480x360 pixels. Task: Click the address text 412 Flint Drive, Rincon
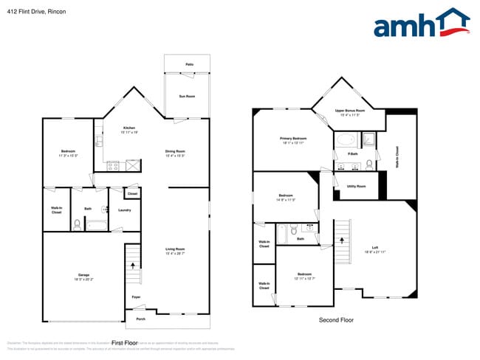click(36, 12)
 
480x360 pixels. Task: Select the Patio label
click(189, 65)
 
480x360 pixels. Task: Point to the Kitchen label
click(129, 128)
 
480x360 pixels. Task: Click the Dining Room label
click(175, 151)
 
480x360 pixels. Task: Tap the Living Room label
click(175, 249)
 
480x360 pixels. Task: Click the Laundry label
click(125, 210)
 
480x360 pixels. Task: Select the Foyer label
click(137, 297)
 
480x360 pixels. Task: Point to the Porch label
click(140, 319)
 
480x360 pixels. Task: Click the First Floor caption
click(125, 343)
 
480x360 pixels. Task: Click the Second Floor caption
click(336, 320)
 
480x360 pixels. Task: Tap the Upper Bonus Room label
click(350, 111)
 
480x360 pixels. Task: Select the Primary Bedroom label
click(293, 138)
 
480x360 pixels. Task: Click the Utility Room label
click(356, 186)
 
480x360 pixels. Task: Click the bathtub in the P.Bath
click(346, 140)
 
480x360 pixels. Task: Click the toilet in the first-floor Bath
click(78, 224)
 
